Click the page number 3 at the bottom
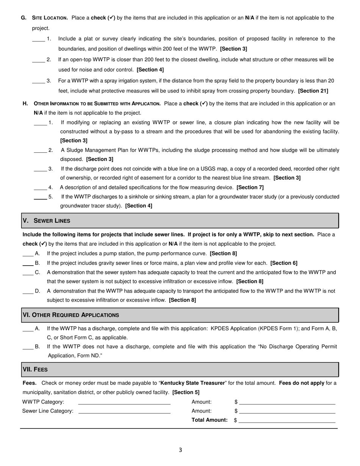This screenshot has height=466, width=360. click(180, 450)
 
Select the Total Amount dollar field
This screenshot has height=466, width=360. click(287, 420)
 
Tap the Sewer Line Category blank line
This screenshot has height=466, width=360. click(124, 411)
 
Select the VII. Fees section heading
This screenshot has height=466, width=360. click(35, 369)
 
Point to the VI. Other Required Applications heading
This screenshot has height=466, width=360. click(71, 315)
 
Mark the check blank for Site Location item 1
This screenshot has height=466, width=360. click(38, 39)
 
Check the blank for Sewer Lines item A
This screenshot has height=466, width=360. click(28, 254)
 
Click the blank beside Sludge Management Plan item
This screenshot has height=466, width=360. click(40, 150)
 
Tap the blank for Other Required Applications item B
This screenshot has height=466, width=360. click(28, 347)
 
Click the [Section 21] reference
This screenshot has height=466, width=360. click(313, 91)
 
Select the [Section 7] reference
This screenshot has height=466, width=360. click(250, 188)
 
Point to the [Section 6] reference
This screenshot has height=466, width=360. click(284, 263)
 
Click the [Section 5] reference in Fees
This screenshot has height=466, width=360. click(186, 393)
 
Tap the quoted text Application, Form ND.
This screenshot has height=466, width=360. click(75, 356)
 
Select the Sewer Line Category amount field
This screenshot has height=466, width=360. click(287, 411)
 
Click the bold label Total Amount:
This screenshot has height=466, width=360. click(210, 420)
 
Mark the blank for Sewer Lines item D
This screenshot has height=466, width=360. click(28, 291)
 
